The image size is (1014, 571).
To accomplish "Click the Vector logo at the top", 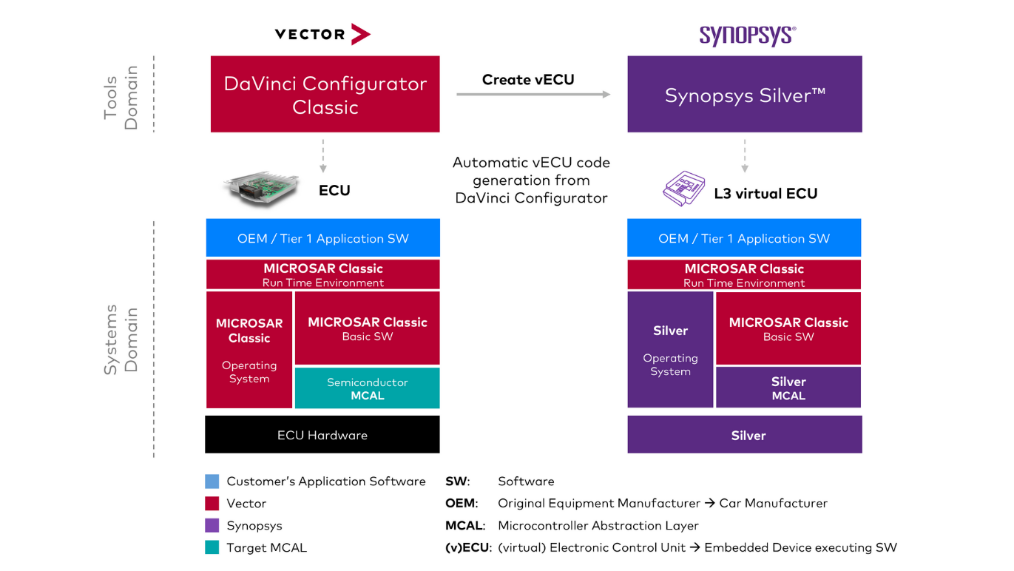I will point(322,34).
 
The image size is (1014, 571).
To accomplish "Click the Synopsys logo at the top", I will point(747,35).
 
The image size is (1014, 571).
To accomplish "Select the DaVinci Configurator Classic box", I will point(325,95).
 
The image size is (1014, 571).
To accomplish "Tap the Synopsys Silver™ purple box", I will point(744,95).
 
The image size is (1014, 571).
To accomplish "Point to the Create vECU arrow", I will point(533,94).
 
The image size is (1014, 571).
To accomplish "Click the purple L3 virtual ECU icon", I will point(683,189).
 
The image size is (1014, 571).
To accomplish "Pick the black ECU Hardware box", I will point(322,435).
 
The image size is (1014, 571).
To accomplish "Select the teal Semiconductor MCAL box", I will point(367,388).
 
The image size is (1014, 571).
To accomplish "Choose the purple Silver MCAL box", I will point(788,388).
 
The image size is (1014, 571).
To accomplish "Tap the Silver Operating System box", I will point(670,350).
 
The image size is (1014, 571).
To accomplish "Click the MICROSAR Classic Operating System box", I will point(249,350).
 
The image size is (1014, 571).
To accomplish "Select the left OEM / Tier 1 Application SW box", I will point(322,238).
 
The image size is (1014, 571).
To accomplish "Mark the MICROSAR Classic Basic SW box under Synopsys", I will point(788,328).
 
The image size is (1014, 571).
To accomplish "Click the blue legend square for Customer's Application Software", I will point(212,482).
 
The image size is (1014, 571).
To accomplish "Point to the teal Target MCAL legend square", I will point(212,548).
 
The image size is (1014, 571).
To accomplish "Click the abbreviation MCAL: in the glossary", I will point(464,526).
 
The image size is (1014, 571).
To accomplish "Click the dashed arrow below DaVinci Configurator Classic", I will point(323,157).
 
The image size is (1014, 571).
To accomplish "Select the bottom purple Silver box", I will point(744,435).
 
